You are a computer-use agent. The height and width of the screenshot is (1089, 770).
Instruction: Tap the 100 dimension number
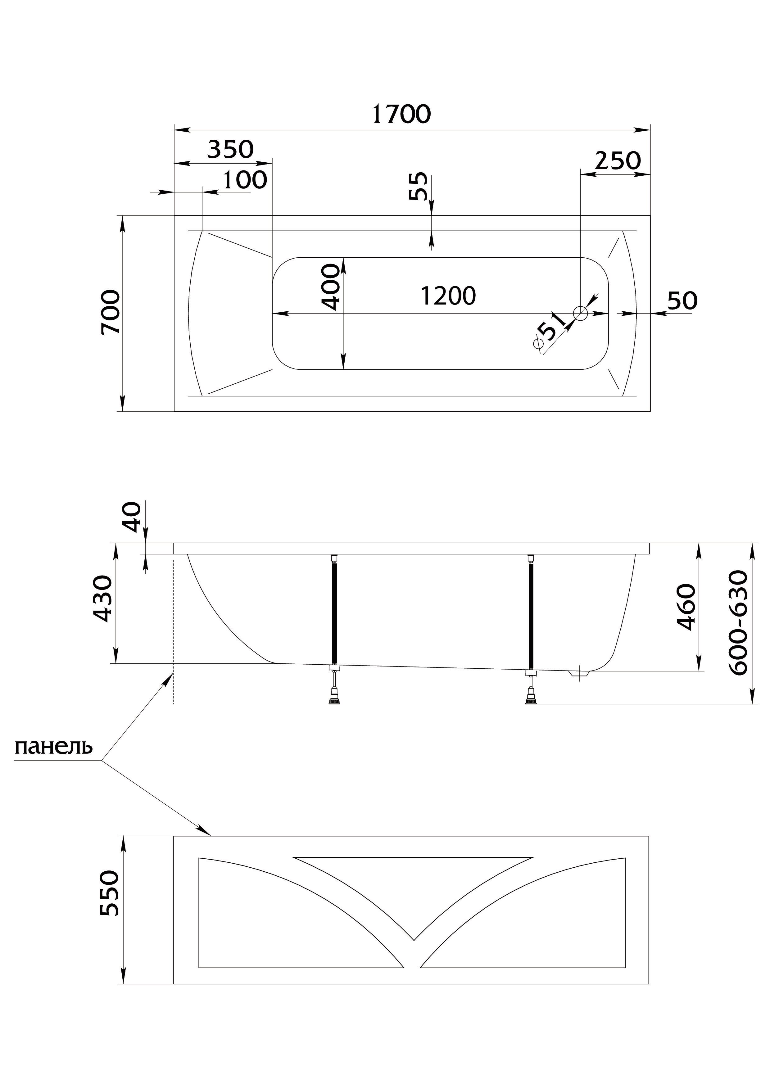pyautogui.click(x=245, y=180)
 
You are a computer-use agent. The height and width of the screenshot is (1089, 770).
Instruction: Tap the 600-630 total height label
pyautogui.click(x=738, y=623)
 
